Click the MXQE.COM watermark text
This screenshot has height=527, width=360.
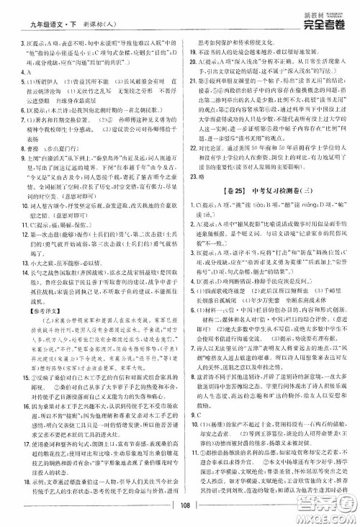pyautogui.click(x=330, y=519)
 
